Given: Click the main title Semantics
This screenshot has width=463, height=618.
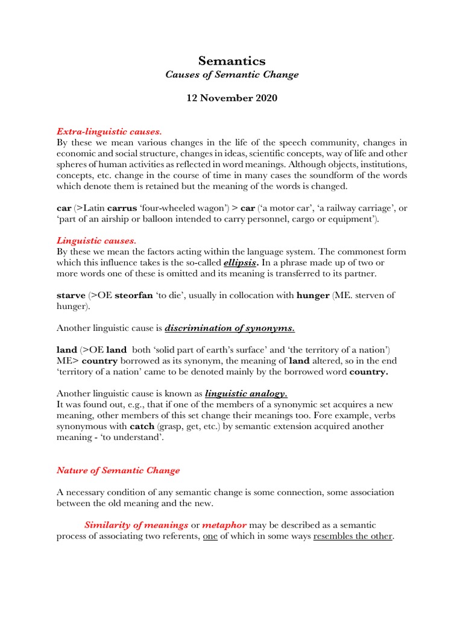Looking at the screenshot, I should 231,60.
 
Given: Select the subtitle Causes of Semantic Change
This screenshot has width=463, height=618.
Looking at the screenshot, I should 231,75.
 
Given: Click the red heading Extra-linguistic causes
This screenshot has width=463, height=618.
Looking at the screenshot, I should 109,131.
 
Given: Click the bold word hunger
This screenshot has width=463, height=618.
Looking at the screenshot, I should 313,296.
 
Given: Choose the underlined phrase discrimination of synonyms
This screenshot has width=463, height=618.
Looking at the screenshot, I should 230,328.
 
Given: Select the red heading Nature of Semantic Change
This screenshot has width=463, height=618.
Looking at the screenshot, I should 118,470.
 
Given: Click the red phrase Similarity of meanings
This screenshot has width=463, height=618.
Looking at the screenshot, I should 136,526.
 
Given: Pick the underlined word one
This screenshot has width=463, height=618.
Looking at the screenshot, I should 210,537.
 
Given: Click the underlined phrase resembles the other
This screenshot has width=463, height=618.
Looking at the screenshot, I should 353,537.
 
